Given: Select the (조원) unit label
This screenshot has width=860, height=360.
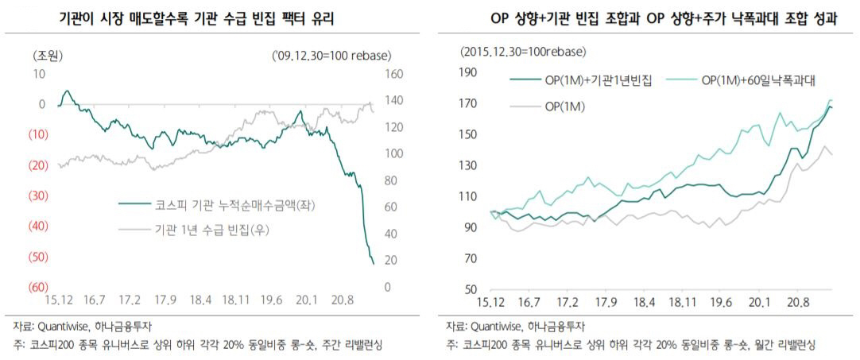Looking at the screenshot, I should (x=48, y=55).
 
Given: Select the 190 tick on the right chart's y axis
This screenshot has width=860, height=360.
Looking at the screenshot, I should (x=468, y=73).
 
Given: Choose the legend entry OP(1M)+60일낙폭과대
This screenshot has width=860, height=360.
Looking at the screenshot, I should (x=755, y=80).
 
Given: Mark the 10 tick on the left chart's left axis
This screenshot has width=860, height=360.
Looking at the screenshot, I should (x=39, y=74).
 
